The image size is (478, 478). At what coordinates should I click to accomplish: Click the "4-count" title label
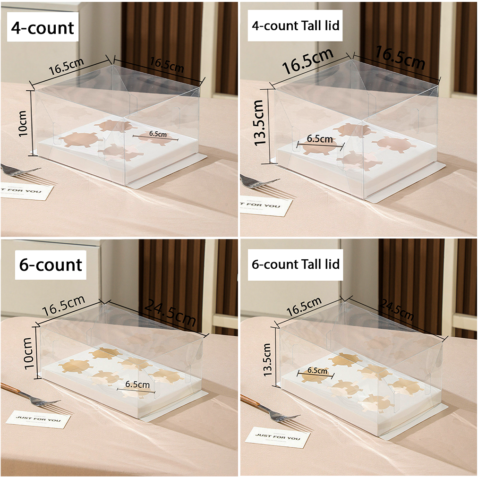click(43, 28)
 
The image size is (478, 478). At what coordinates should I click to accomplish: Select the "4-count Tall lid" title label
click(295, 26)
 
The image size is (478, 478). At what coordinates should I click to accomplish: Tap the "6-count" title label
click(51, 265)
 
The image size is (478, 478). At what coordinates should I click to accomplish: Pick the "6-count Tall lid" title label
click(295, 265)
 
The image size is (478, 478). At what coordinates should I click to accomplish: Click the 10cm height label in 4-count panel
click(23, 123)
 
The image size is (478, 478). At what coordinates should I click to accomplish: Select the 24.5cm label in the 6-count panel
click(170, 313)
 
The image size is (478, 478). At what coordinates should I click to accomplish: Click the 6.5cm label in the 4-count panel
click(158, 134)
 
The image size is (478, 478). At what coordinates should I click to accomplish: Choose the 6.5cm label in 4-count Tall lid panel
click(319, 139)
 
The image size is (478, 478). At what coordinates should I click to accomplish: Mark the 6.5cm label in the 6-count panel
click(137, 384)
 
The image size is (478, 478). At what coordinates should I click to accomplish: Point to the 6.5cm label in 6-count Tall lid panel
click(317, 370)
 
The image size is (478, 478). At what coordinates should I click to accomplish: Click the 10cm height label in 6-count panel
click(28, 353)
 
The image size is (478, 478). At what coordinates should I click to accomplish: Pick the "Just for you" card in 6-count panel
click(38, 419)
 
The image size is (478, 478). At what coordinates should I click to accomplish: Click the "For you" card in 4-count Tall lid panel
click(266, 206)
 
